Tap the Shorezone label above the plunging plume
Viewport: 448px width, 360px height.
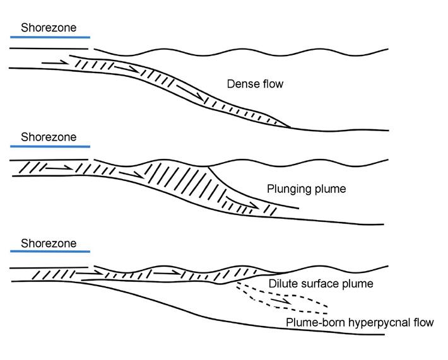click(x=48, y=137)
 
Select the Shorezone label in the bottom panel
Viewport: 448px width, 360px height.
click(x=48, y=243)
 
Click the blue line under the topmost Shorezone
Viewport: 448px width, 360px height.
click(x=50, y=38)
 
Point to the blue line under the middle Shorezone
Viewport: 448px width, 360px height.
click(x=50, y=147)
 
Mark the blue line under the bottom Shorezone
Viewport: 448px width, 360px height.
click(x=50, y=253)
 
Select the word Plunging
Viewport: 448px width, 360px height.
click(x=287, y=189)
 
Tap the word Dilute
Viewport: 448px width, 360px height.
click(x=283, y=284)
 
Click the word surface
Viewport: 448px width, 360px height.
click(x=327, y=284)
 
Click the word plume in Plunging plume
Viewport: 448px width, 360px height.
click(x=332, y=189)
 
